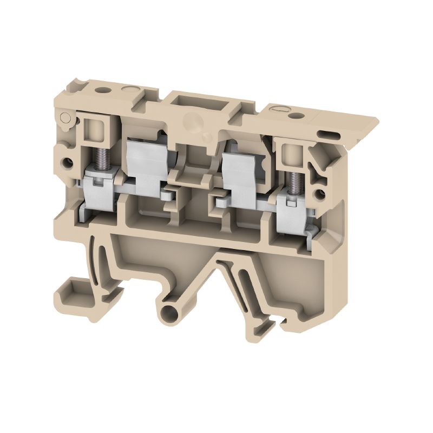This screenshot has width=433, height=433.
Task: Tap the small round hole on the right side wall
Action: point(323,192)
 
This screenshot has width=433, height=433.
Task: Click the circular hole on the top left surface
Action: point(101,84)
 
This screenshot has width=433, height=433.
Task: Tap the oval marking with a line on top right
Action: point(275,110)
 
